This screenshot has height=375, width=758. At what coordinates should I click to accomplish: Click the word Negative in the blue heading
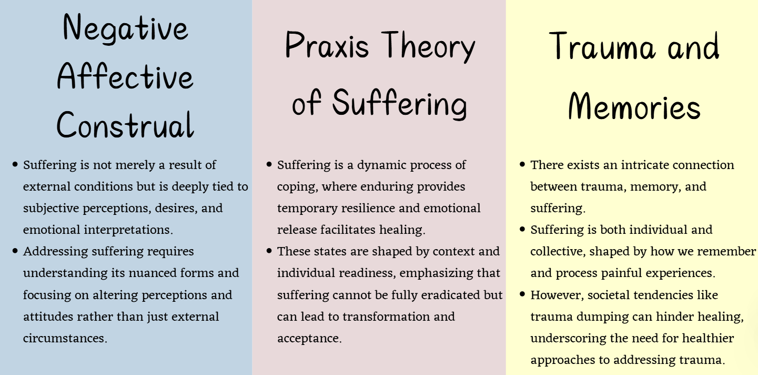point(125,27)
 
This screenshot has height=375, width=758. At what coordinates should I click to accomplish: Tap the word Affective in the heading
point(125,76)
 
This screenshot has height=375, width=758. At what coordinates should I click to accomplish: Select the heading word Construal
point(125,125)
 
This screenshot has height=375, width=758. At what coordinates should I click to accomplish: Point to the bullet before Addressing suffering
point(15,251)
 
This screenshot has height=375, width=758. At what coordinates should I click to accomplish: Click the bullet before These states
point(269,251)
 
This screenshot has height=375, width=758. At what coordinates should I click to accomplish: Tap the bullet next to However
point(522,294)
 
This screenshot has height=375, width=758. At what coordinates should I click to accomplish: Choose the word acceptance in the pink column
point(309,338)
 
